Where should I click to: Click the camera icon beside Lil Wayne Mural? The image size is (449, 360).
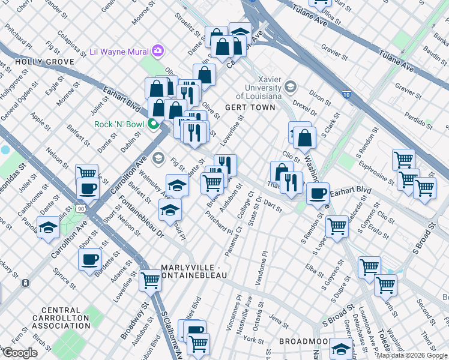(x=158, y=50)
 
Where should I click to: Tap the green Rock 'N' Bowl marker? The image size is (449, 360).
(x=153, y=125)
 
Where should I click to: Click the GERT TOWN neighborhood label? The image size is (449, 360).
(x=250, y=107)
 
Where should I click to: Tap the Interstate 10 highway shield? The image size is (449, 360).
(x=348, y=94)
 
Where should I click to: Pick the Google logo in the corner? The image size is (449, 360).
(x=20, y=352)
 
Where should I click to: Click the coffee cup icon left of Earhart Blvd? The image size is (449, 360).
(x=318, y=194)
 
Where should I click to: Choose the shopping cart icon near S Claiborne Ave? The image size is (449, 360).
(x=150, y=280)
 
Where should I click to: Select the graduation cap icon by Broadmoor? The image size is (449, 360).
(x=341, y=349)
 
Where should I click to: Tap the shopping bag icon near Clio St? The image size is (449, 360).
(x=305, y=137)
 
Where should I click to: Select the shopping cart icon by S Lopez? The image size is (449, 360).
(x=337, y=227)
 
